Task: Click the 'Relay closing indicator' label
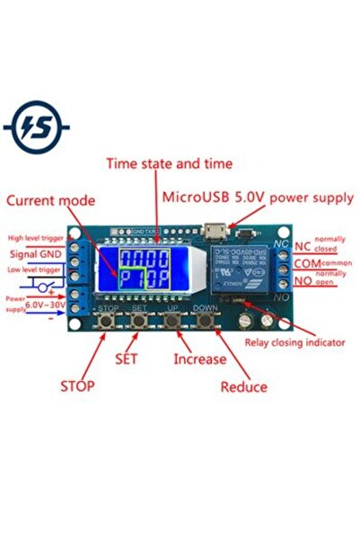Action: coord(296,342)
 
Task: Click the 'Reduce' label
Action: coord(243,386)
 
